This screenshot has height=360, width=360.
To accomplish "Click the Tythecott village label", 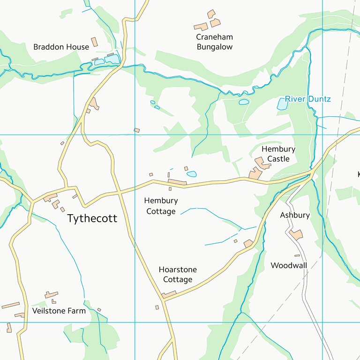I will (x=92, y=218).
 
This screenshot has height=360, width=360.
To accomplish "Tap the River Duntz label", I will (x=308, y=99).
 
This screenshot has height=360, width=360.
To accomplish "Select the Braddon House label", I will (x=61, y=47).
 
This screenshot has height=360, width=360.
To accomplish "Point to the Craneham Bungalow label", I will (x=214, y=42).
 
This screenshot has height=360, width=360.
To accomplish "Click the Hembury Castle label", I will (x=278, y=154).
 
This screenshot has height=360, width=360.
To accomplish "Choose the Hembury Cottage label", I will (x=161, y=206).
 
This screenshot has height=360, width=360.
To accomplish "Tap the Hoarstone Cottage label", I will (x=178, y=275).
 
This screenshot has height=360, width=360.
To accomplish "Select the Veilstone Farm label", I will (x=59, y=310).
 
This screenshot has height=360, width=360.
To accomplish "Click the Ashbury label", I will (x=295, y=215).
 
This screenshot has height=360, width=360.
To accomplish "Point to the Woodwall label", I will (x=289, y=266).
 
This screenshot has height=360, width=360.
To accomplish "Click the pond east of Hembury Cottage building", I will (x=192, y=174).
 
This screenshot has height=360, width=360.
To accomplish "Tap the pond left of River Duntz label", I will (x=244, y=102).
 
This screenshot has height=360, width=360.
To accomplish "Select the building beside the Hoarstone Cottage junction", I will (x=169, y=294).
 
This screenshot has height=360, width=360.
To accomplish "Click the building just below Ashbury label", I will (x=296, y=234).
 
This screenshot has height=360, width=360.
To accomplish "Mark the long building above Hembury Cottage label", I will (x=177, y=182).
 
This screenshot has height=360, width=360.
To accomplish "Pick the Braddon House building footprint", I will (x=94, y=42).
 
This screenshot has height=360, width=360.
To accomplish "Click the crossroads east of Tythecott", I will (x=120, y=192).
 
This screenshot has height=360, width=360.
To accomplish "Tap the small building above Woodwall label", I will (x=297, y=255).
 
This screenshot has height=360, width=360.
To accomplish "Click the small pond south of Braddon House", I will (x=112, y=60).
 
